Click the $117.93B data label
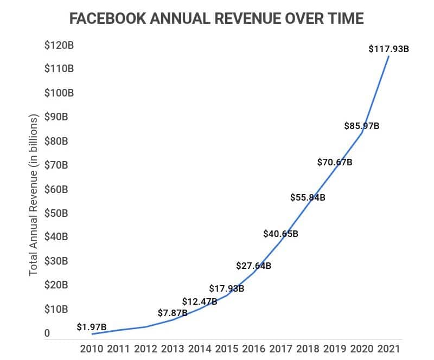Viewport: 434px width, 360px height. tap(388, 49)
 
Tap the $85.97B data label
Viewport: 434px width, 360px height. tap(362, 126)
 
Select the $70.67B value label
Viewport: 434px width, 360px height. tap(335, 162)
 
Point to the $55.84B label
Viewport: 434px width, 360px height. tap(308, 198)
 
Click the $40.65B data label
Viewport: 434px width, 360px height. tap(280, 234)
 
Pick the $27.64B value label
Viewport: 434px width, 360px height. tap(253, 266)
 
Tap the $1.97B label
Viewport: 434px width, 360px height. tap(91, 327)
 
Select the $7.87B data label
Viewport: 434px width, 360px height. tap(173, 313)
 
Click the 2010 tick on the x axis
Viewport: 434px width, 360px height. tap(92, 349)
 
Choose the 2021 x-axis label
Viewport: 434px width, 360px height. tap(390, 349)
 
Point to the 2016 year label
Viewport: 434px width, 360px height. tap(254, 349)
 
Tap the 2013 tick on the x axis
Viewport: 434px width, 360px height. tap(173, 349)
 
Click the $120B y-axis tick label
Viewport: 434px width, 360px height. tap(59, 45)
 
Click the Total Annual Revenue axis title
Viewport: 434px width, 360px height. tap(34, 195)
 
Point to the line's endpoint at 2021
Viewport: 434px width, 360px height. tap(389, 56)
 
